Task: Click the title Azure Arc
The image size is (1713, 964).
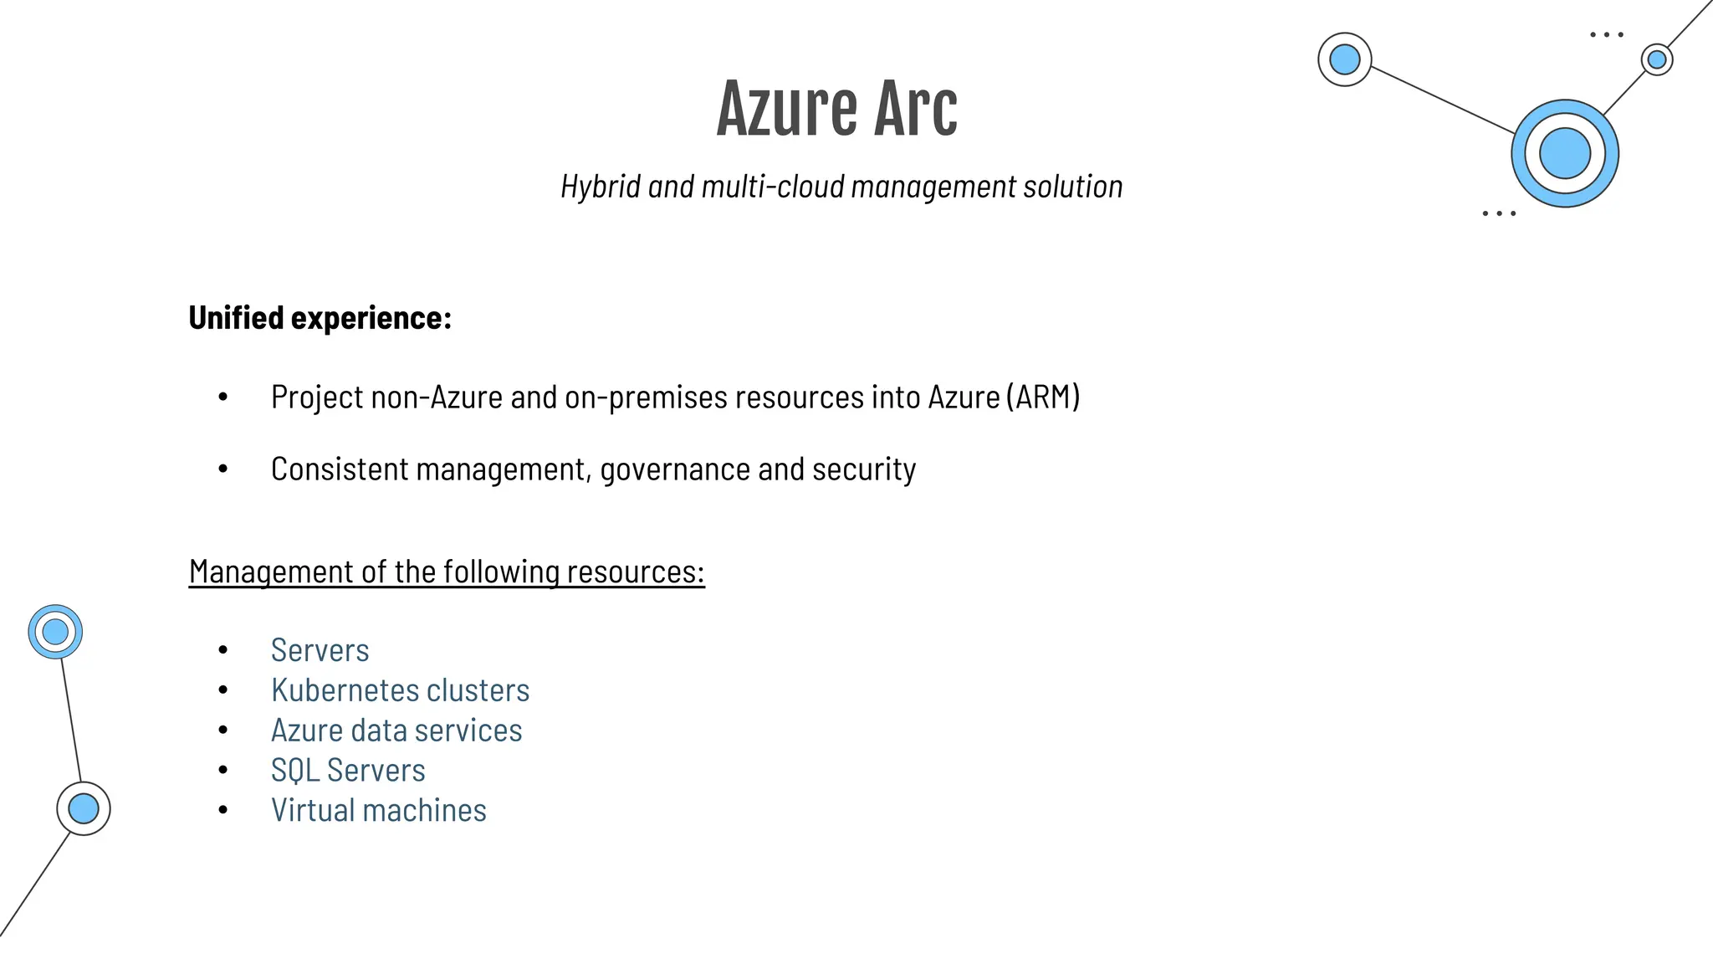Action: coord(836,109)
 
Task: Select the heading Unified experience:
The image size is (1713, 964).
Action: coord(320,318)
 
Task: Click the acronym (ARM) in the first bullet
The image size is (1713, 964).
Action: coord(1043,397)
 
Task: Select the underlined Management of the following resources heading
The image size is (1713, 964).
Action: coord(447,572)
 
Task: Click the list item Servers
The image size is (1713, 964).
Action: coord(320,650)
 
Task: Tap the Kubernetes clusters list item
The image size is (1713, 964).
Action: coord(400,690)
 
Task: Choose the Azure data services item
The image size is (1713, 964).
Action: coord(396,731)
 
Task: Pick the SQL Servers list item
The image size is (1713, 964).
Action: coord(348,771)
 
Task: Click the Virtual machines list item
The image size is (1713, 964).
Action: coord(378,811)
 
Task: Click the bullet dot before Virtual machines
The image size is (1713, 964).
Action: coord(222,810)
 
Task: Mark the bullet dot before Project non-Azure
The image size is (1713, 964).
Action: coord(222,397)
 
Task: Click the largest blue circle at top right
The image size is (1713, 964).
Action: coord(1564,153)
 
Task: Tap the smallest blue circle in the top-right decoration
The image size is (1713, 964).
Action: coord(1656,59)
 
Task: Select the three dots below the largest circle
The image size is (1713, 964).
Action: coord(1498,213)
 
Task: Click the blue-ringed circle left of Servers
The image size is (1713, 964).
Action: coord(55,632)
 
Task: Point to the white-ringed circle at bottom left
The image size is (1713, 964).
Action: coord(84,808)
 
